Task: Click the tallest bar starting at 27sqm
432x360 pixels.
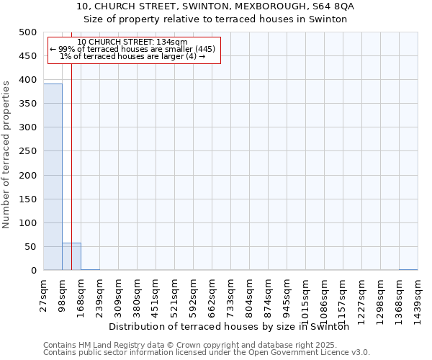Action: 53,176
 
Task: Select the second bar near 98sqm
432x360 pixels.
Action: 71,256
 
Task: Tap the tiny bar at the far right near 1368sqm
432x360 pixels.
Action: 408,269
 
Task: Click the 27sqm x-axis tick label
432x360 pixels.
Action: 44,293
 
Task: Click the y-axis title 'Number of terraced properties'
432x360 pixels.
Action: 6,153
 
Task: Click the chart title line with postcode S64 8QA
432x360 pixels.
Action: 215,6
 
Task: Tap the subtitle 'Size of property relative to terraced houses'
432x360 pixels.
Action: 215,19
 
